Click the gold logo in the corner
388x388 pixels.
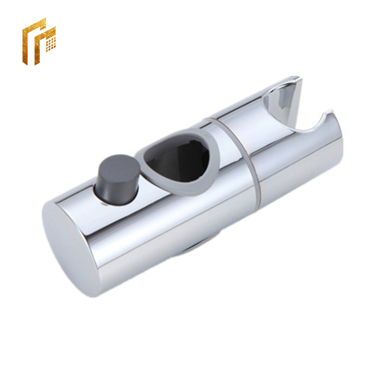point(39,41)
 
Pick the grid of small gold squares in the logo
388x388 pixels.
point(50,43)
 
